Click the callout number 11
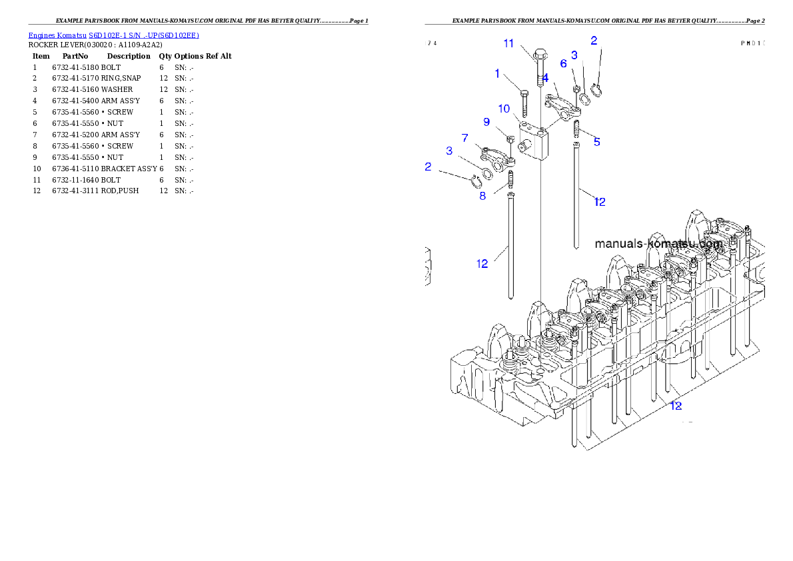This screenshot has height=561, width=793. coord(508,43)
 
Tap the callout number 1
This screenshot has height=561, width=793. coord(497,74)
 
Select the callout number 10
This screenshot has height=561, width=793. coord(504,109)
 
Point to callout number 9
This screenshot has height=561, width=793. coord(486,122)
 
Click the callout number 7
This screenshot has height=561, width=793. coord(464,137)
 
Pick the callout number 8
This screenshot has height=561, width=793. coord(482,196)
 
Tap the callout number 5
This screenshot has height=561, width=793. coord(596,142)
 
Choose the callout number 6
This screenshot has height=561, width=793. coord(563,63)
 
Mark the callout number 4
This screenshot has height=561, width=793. coord(545,78)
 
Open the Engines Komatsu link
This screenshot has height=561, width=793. coord(58,35)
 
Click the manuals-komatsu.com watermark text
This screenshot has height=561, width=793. coord(658,244)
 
